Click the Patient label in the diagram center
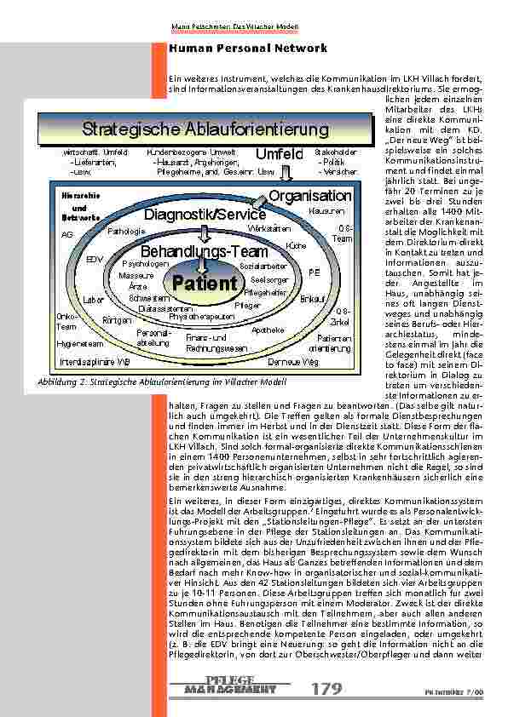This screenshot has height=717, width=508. click(205, 283)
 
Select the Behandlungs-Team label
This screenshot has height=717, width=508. click(204, 252)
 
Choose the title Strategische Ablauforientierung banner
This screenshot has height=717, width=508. click(205, 129)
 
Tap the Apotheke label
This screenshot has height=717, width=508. click(268, 330)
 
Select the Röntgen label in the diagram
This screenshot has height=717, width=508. click(116, 320)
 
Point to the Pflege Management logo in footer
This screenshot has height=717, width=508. click(230, 685)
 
